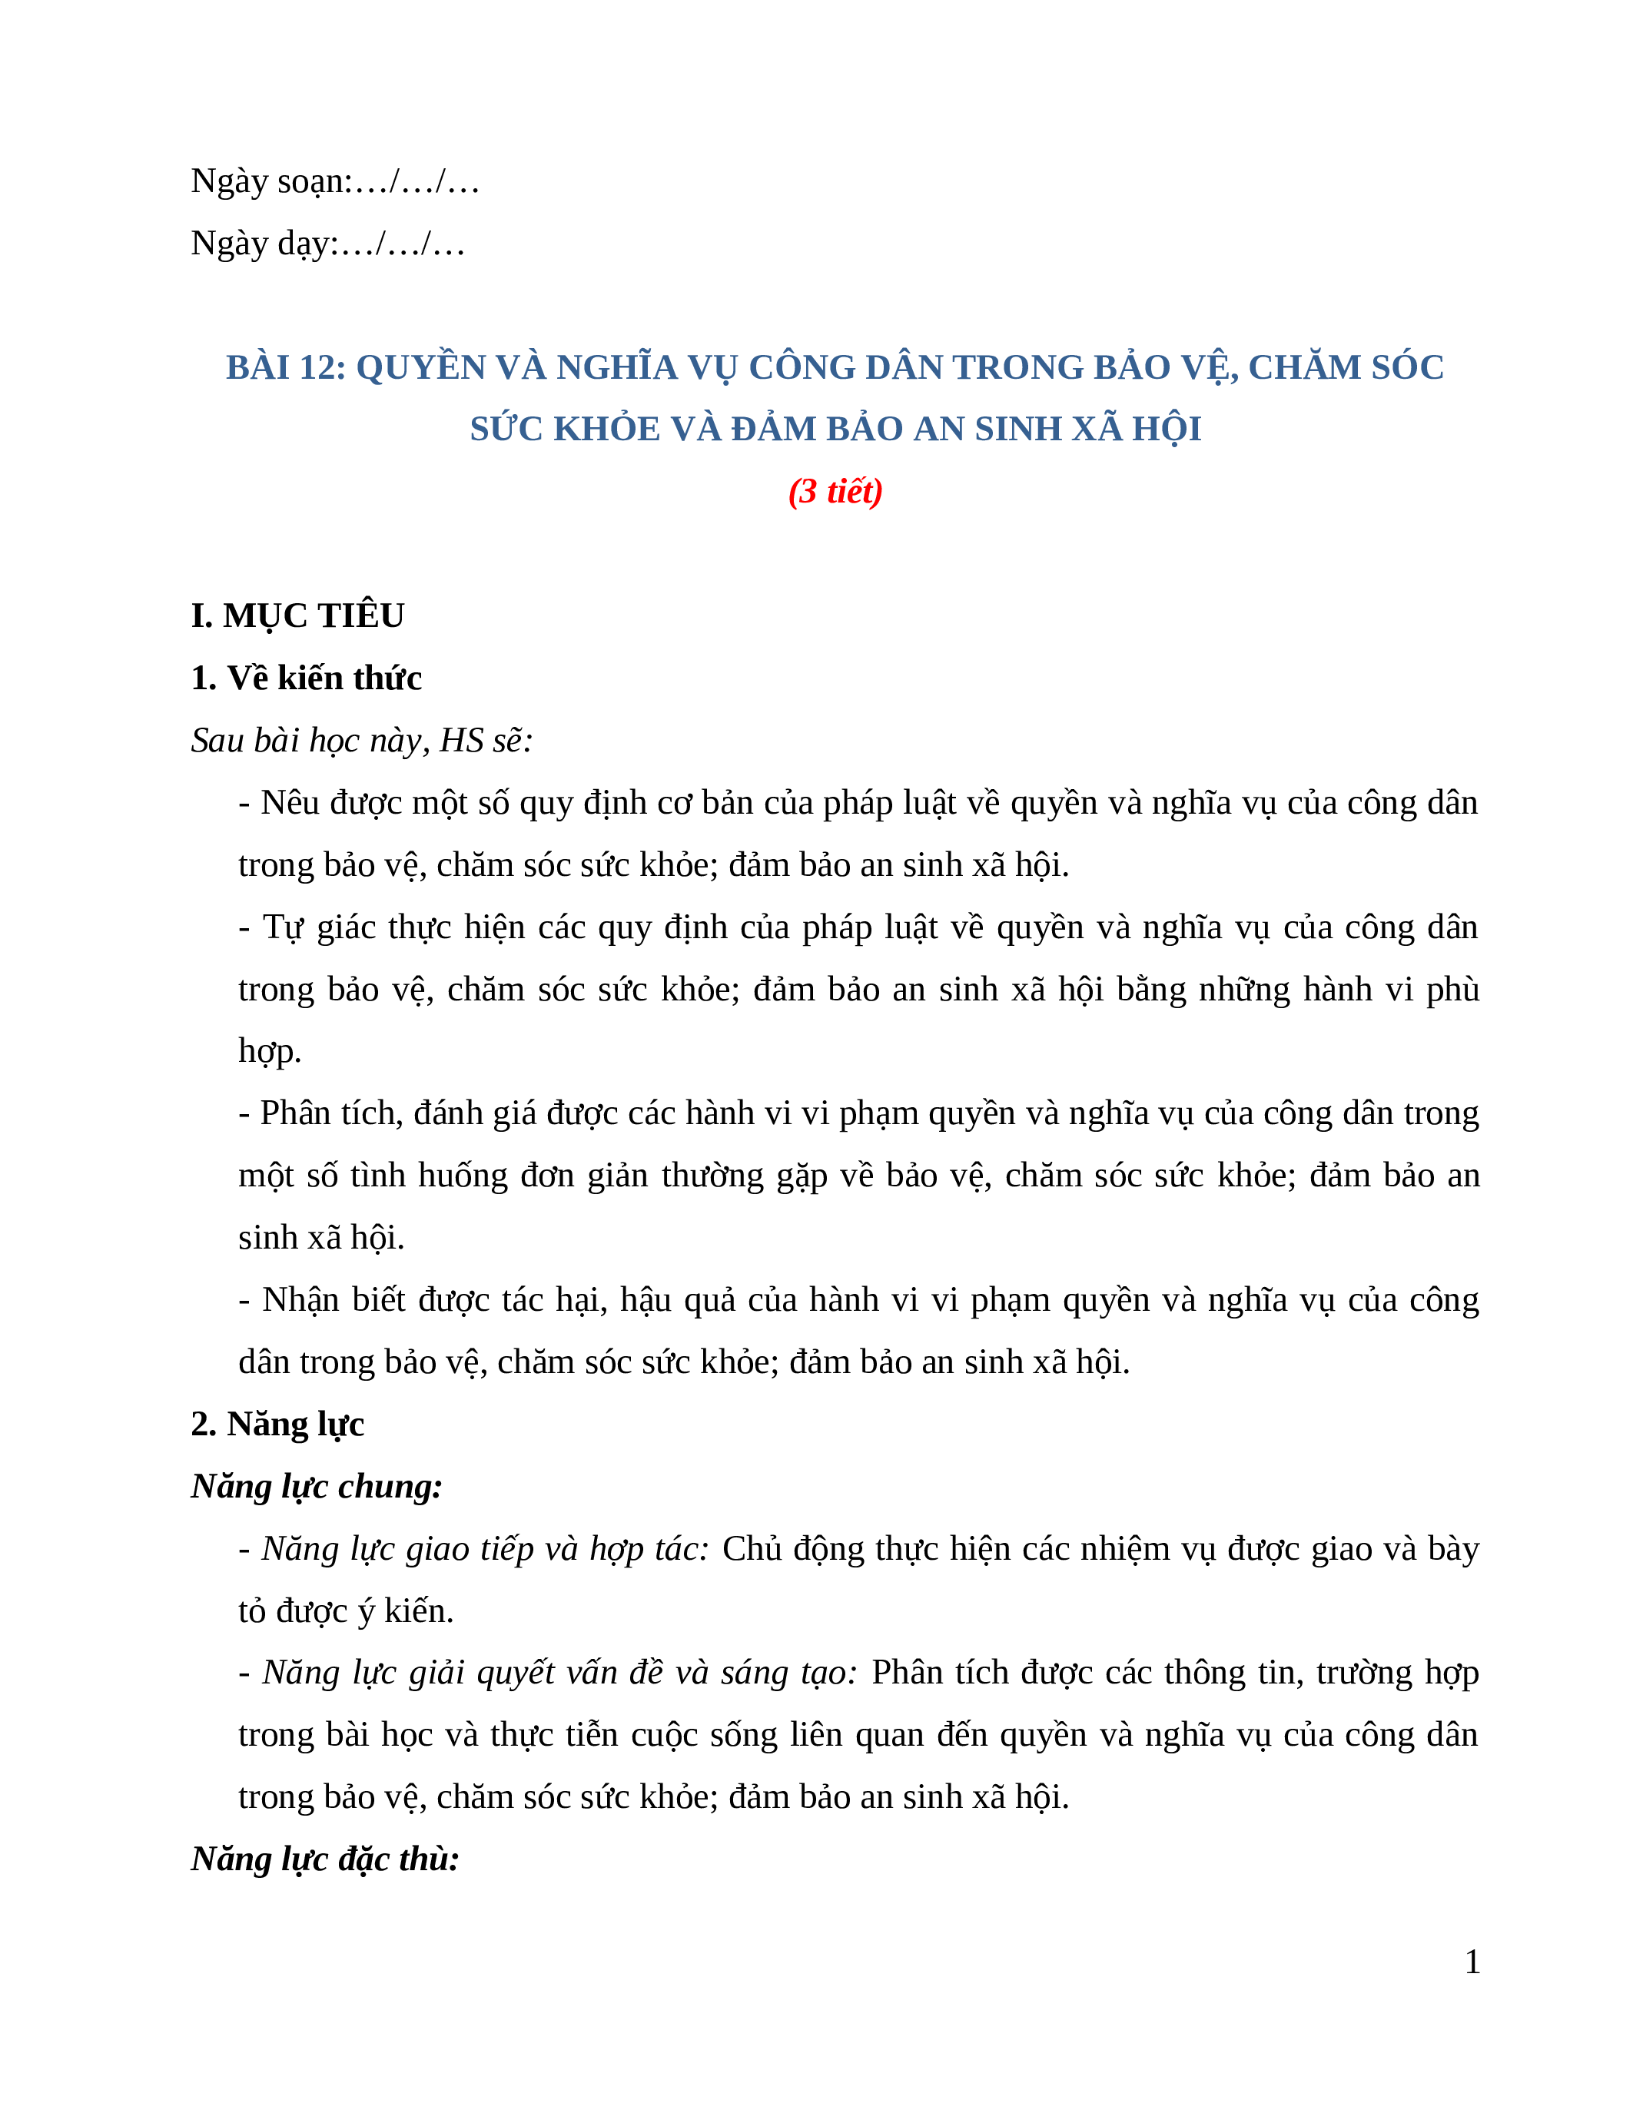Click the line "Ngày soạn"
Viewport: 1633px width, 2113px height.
[x=335, y=181]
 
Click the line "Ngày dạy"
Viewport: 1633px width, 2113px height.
[x=327, y=243]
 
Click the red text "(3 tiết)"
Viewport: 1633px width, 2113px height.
[x=835, y=492]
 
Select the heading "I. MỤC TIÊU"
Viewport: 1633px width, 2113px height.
[x=298, y=615]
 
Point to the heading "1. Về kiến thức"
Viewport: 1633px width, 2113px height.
[x=306, y=678]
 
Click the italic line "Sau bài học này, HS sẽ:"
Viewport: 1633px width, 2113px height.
[x=362, y=740]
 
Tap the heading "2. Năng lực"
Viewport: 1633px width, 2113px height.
[x=277, y=1424]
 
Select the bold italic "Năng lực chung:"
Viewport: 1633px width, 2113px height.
[x=317, y=1486]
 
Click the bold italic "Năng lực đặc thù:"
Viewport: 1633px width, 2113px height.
[x=325, y=1859]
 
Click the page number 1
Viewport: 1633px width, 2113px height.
[x=1472, y=1962]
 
